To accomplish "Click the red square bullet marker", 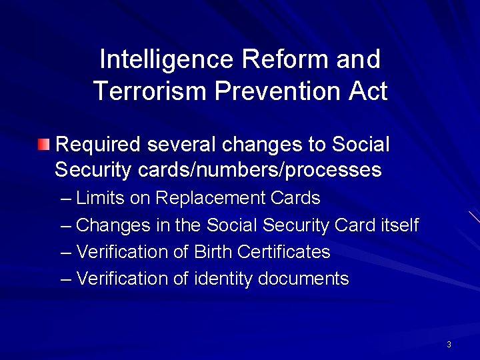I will (43, 144).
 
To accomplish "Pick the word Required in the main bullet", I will (98, 145).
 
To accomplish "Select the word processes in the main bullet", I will (334, 170).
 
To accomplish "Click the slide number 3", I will (449, 345).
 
